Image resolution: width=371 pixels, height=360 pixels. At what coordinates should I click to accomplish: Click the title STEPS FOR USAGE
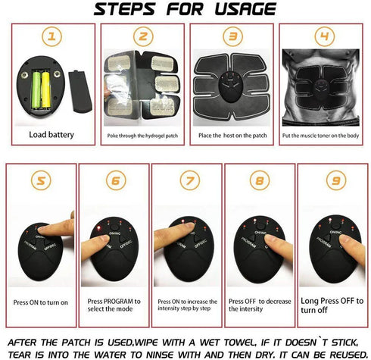point(185,10)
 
